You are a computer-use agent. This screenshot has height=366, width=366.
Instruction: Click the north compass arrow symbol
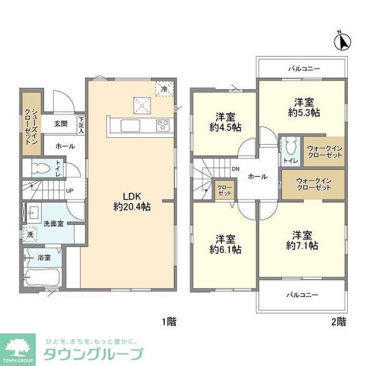[x=343, y=41]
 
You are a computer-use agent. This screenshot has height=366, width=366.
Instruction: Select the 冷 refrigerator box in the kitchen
[x=163, y=89]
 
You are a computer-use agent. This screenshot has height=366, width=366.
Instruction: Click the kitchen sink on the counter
[x=131, y=126]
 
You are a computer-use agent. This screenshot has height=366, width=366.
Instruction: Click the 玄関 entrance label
[x=60, y=124]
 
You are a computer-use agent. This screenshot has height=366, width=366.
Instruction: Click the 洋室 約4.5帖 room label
[x=224, y=123]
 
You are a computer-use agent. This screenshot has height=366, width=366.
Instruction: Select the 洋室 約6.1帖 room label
[x=224, y=244]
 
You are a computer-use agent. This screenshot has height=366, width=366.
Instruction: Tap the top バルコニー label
[x=304, y=69]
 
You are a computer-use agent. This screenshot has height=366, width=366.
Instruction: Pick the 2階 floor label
[x=339, y=320]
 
